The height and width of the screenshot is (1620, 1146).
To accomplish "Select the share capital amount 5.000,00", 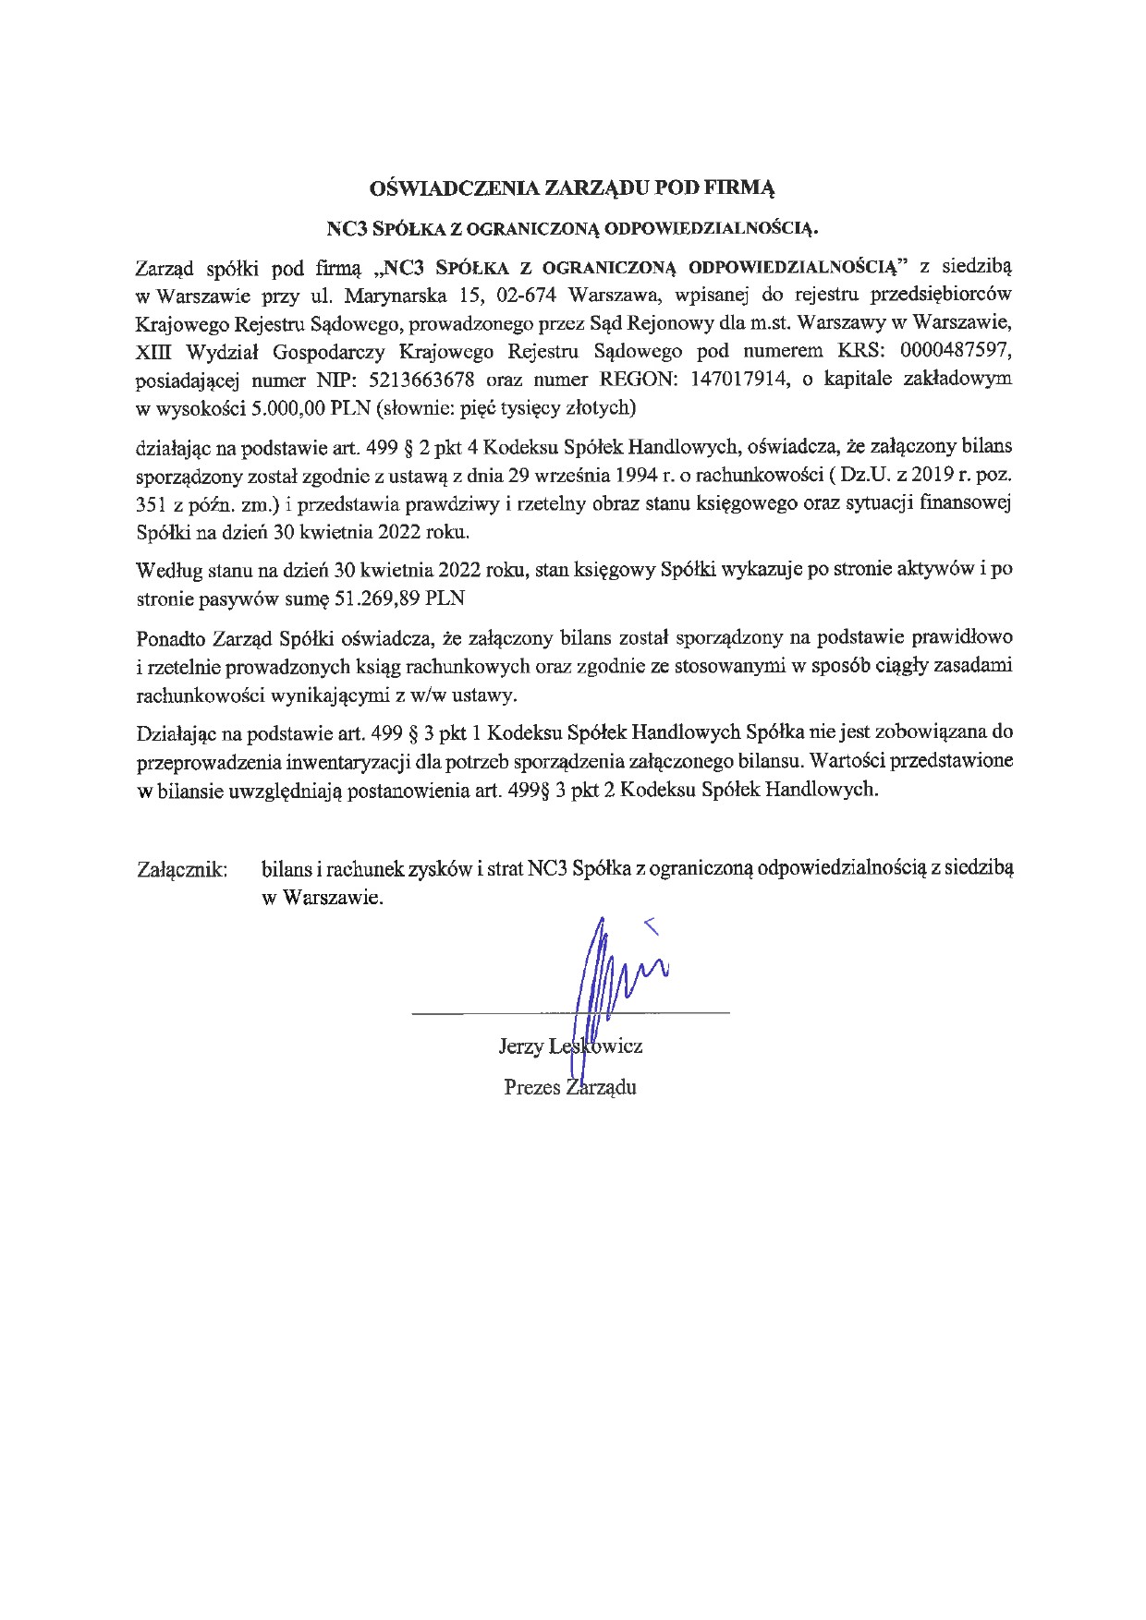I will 282,406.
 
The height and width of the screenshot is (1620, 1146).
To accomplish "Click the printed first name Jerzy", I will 520,1046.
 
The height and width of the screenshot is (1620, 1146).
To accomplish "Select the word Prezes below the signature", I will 532,1087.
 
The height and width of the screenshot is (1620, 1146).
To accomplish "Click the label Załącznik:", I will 182,869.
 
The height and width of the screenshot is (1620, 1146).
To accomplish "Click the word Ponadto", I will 171,637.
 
